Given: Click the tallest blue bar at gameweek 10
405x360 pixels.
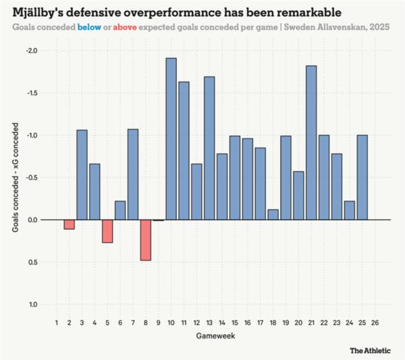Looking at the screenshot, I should [171, 138].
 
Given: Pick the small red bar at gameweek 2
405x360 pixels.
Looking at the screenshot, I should [69, 224].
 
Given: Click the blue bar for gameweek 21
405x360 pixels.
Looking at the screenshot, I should [311, 143].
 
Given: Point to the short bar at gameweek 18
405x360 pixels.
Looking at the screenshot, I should [273, 215].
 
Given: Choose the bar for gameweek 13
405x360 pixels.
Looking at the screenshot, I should [209, 148].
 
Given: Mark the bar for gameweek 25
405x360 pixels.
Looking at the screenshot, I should [362, 178].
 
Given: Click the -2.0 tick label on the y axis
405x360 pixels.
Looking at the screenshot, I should [32, 51].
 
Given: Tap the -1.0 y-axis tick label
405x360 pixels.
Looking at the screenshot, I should [32, 135].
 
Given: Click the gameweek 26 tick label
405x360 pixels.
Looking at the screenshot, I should [375, 323].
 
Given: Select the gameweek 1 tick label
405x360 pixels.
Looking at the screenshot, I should [57, 323].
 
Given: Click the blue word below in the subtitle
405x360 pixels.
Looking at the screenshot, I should [91, 28].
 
